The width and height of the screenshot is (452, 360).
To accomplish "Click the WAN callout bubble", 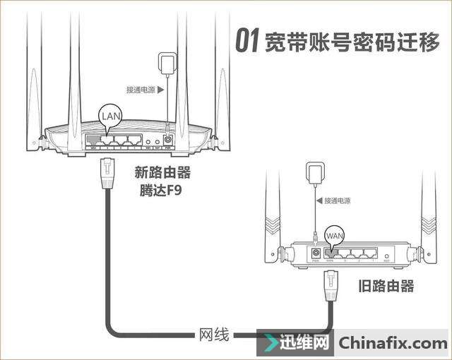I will point(334,234).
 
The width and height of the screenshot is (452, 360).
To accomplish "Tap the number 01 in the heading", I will point(246,42).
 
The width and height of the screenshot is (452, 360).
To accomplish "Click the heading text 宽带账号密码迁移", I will point(350,42).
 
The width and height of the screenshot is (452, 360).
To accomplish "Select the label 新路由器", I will point(163,173).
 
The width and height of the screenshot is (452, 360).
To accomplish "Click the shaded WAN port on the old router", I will point(329,252).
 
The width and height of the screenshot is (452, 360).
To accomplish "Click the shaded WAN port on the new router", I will point(93,140).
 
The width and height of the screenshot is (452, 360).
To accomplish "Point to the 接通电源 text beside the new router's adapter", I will point(140,90).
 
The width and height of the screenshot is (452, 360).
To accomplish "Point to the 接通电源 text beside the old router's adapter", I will point(337,200).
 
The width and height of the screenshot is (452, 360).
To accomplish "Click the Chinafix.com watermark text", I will point(393,344).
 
